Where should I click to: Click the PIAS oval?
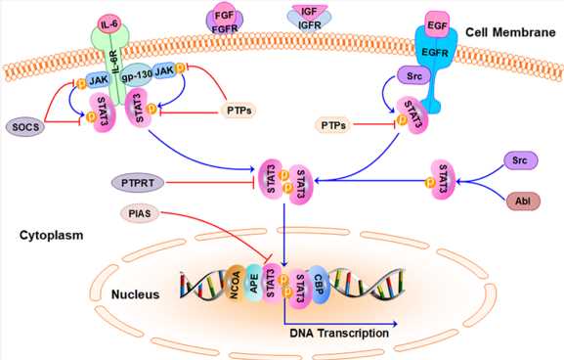[x=140, y=211]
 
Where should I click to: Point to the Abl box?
[x=521, y=202]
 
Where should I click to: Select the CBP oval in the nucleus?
[x=319, y=281]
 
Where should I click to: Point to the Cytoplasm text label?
[x=49, y=235]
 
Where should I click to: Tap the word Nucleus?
[x=132, y=293]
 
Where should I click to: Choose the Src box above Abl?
[x=521, y=157]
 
